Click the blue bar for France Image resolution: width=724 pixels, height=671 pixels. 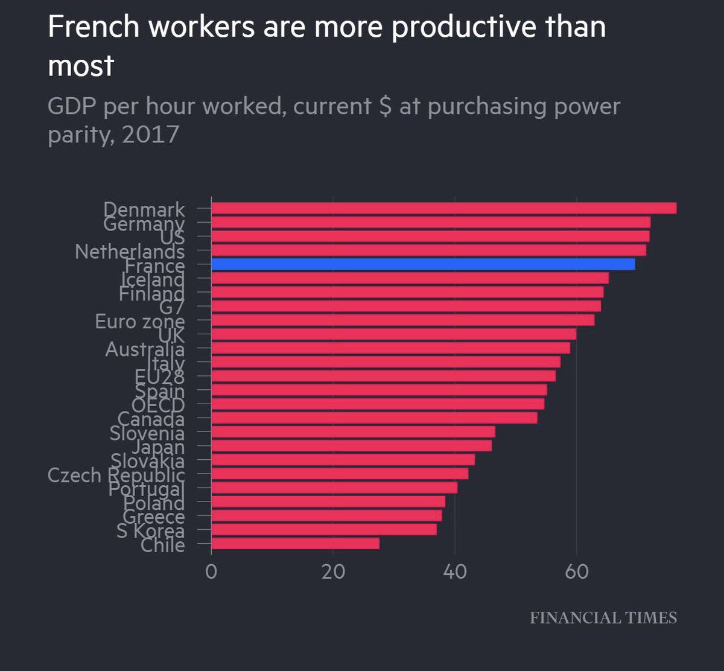[422, 264]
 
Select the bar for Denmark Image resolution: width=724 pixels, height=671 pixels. [443, 208]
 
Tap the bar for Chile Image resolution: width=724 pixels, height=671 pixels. [295, 543]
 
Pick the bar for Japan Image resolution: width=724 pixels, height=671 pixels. [351, 445]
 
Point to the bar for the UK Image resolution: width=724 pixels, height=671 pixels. [393, 334]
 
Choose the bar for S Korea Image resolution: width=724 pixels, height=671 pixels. [323, 529]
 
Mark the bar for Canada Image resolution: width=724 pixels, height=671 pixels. [374, 418]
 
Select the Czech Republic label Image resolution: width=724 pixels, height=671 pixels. [116, 475]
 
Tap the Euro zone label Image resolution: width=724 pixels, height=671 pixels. [139, 322]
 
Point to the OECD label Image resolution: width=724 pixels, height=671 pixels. [157, 405]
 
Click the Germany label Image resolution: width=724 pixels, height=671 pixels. [144, 224]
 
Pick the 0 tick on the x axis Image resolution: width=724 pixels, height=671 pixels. [211, 571]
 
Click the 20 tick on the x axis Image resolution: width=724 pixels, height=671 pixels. [333, 571]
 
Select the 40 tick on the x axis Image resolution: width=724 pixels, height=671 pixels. [455, 571]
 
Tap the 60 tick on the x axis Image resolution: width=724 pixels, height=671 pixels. [577, 571]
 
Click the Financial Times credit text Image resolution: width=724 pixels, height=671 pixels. [603, 618]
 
